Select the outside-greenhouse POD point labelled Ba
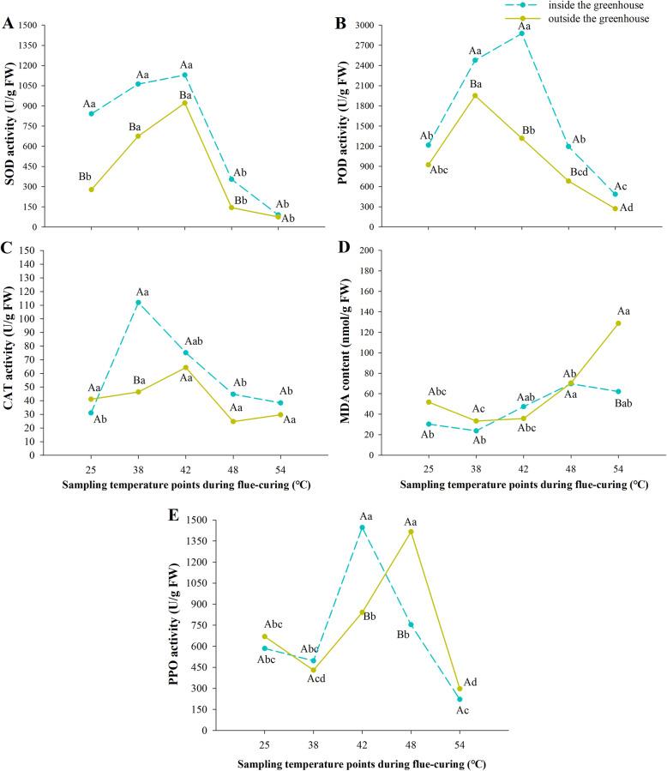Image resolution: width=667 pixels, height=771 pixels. pyautogui.click(x=474, y=95)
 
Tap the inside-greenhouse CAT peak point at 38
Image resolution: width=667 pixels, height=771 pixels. pyautogui.click(x=138, y=302)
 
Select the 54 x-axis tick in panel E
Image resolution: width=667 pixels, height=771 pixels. pyautogui.click(x=460, y=744)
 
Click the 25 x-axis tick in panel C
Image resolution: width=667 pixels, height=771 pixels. pyautogui.click(x=90, y=470)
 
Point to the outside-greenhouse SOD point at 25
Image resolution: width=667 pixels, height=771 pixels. pyautogui.click(x=91, y=190)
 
